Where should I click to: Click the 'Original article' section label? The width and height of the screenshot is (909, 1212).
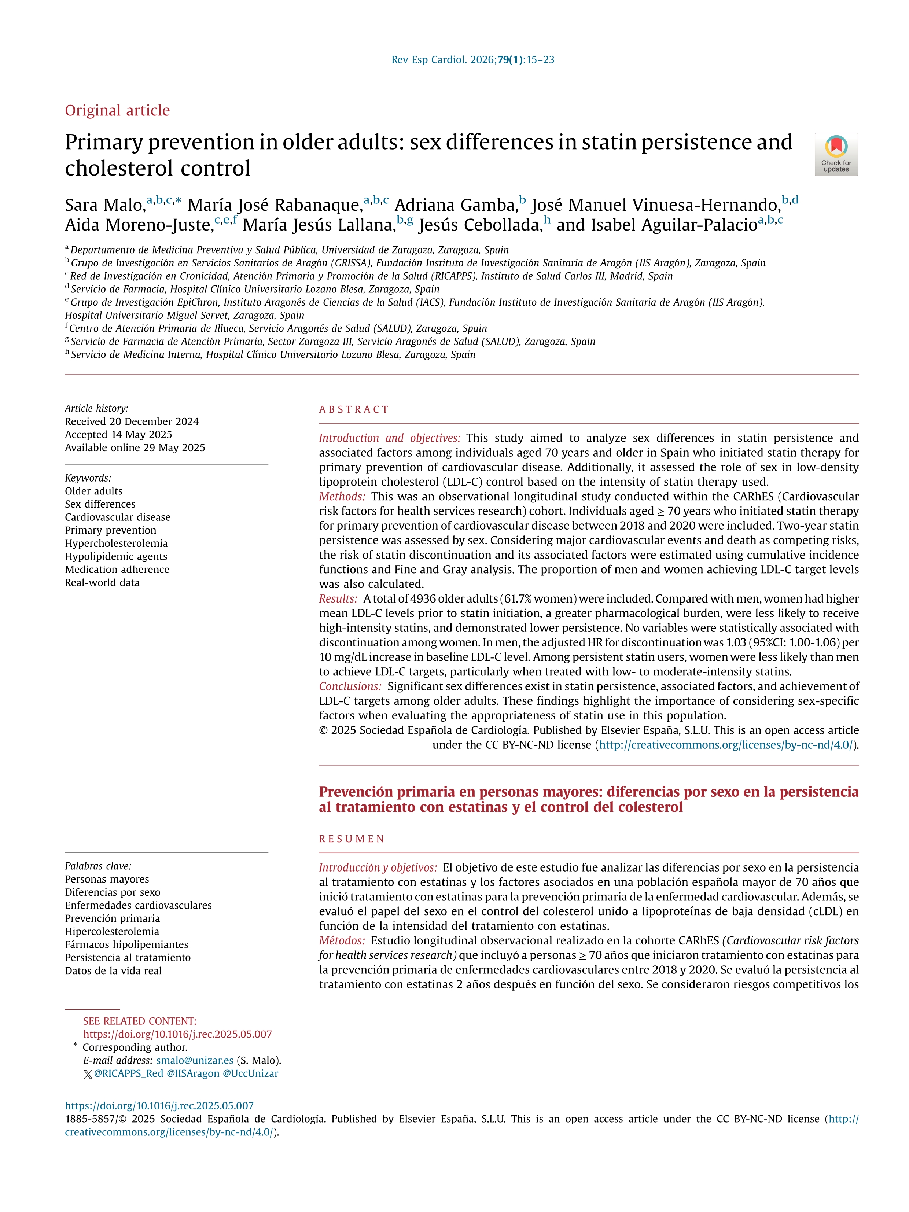(117, 111)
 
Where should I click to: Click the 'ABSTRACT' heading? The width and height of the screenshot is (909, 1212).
(354, 409)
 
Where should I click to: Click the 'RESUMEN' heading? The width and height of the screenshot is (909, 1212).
(352, 839)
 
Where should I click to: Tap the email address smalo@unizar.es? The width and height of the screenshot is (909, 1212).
(195, 1060)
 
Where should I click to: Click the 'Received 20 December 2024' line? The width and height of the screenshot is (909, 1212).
(132, 421)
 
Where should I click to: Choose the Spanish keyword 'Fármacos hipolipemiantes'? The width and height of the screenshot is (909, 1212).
(126, 944)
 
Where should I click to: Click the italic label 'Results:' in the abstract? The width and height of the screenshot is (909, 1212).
(338, 599)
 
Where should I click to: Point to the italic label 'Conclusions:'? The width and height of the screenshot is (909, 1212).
(350, 686)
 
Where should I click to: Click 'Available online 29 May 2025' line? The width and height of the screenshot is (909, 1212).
(135, 447)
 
